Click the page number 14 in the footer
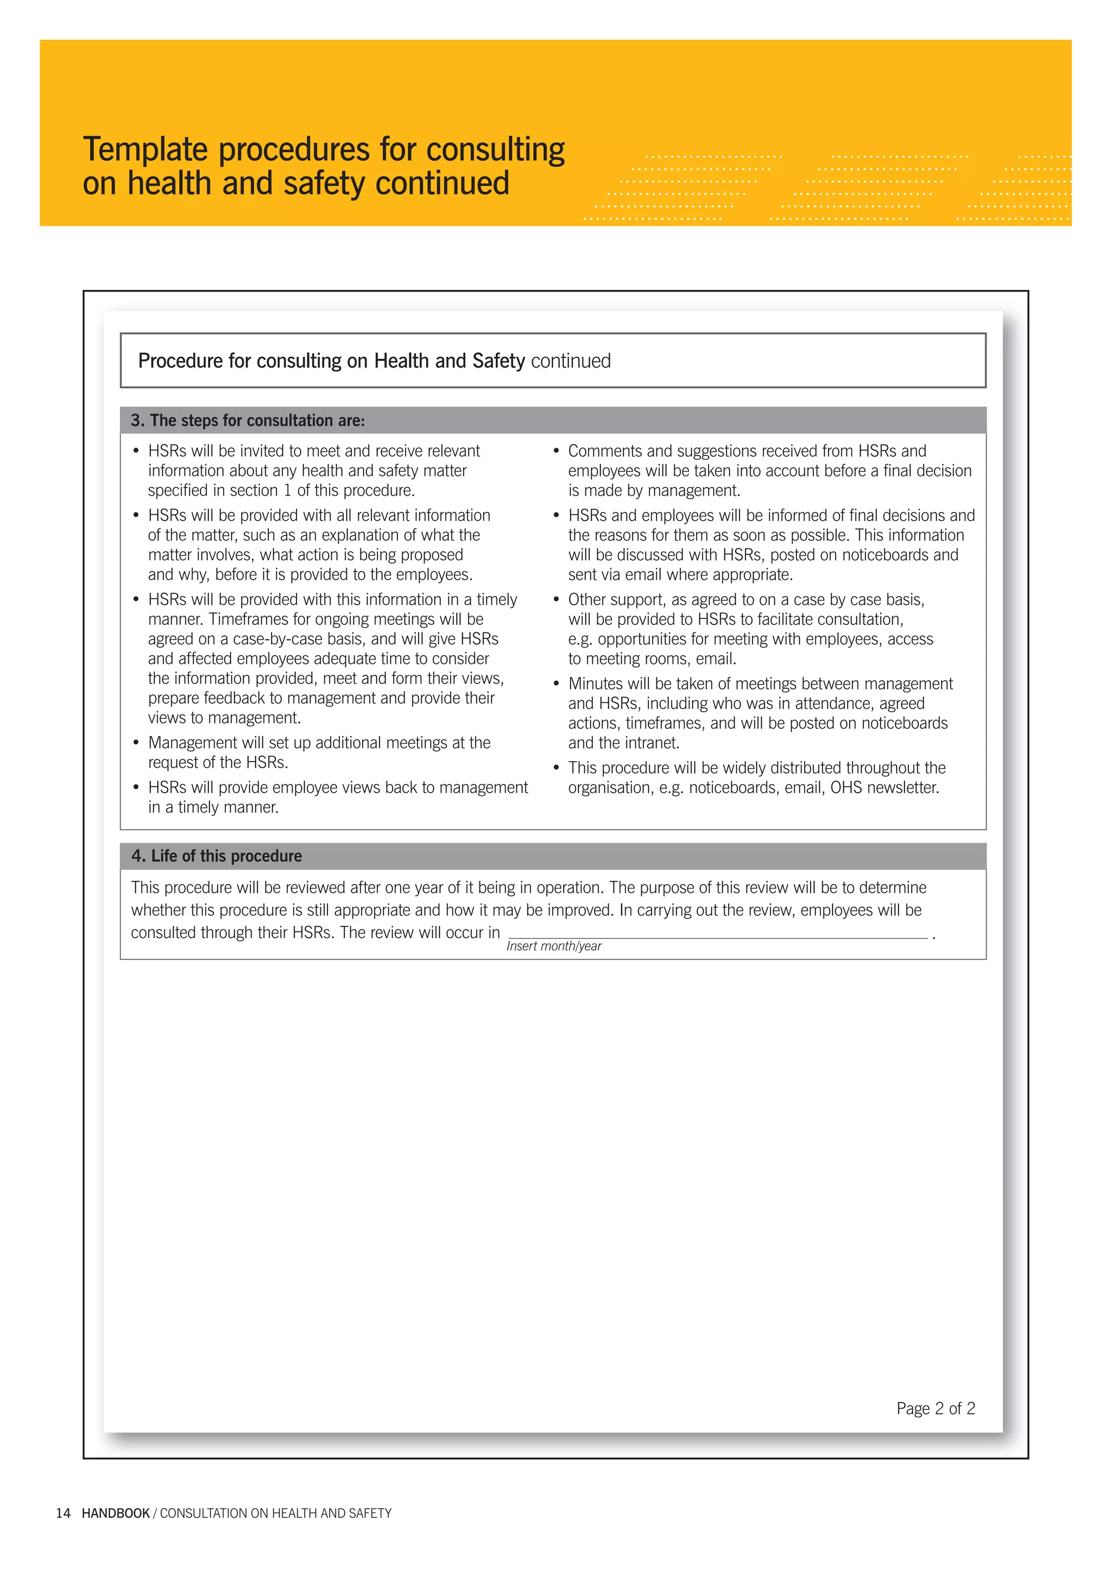(x=63, y=1513)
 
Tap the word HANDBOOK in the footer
(x=115, y=1513)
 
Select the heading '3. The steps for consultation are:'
(x=248, y=420)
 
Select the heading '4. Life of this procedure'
(x=216, y=856)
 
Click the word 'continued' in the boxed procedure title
(x=571, y=361)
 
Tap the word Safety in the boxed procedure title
(x=498, y=361)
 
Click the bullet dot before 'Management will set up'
(x=136, y=743)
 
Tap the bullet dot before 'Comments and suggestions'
(x=556, y=451)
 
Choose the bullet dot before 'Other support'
(x=556, y=599)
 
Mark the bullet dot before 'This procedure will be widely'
(x=556, y=768)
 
